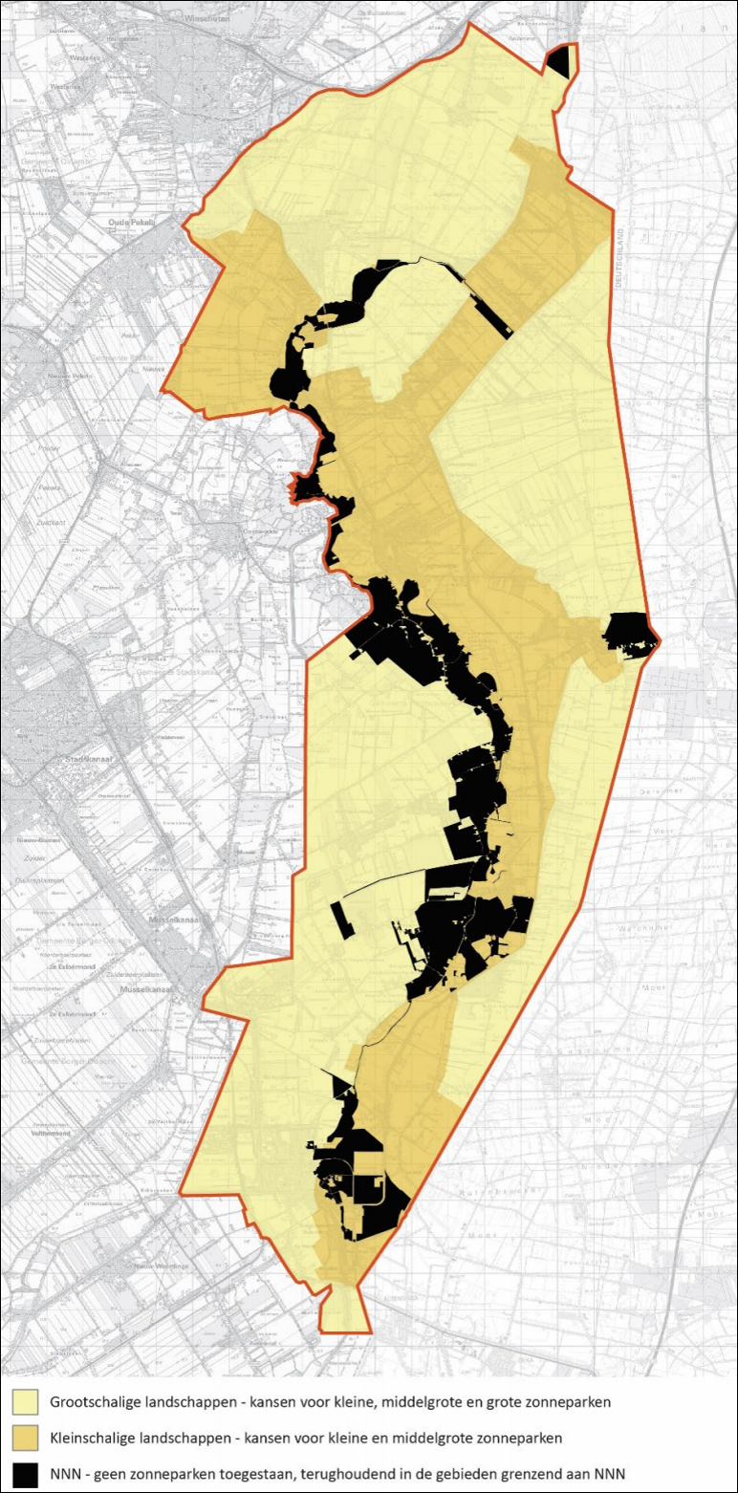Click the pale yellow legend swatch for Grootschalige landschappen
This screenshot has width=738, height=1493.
pyautogui.click(x=25, y=1402)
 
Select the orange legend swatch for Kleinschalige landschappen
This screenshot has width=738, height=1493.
pyautogui.click(x=25, y=1437)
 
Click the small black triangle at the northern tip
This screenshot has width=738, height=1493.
pyautogui.click(x=561, y=63)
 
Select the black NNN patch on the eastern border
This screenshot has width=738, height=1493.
pyautogui.click(x=629, y=632)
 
